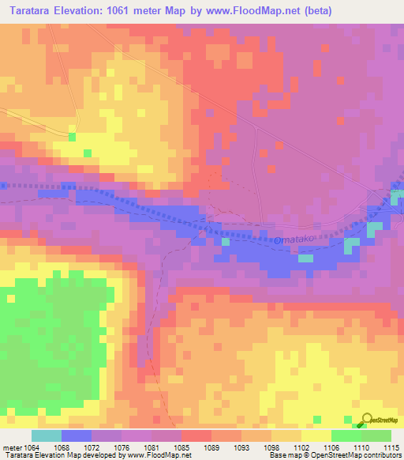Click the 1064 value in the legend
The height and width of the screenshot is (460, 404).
click(x=32, y=447)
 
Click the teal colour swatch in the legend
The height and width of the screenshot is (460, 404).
click(x=46, y=435)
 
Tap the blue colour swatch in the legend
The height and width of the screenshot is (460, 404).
click(x=77, y=435)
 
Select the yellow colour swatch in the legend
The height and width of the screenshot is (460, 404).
click(x=316, y=435)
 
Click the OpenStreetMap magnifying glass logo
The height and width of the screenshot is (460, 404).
click(x=367, y=420)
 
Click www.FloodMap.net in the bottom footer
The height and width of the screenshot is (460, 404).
click(x=158, y=455)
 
